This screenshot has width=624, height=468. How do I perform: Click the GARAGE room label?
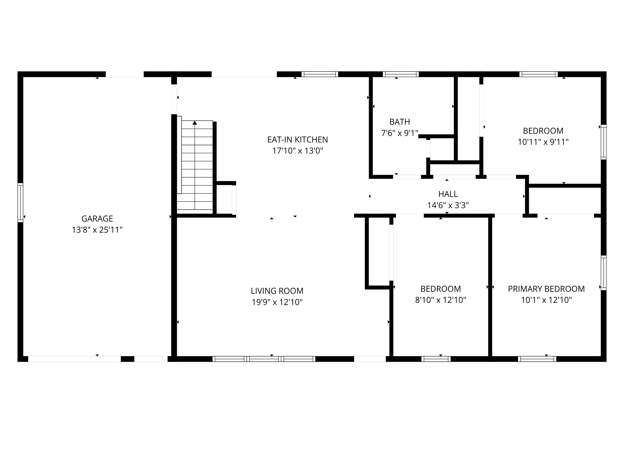coord(97,219)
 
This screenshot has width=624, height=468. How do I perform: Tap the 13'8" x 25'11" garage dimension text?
coord(97,230)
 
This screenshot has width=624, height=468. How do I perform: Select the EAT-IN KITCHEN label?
coord(298,140)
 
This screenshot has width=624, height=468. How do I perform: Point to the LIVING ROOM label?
coord(277,291)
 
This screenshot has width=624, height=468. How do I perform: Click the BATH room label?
coord(400,122)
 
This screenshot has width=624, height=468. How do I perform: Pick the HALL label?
coord(448,194)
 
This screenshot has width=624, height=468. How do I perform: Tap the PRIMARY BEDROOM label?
coord(546,289)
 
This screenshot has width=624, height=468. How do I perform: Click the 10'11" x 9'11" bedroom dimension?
coord(543,142)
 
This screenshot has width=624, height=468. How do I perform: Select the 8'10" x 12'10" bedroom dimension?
coord(440,300)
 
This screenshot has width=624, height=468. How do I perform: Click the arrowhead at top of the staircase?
coord(195,123)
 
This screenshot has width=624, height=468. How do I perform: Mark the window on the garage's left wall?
coord(20,202)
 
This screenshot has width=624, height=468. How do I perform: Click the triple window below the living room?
coord(264,359)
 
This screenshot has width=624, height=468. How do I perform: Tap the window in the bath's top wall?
coord(401,74)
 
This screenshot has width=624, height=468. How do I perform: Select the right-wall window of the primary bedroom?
coord(603,273)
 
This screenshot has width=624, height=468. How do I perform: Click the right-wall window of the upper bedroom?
coord(603,142)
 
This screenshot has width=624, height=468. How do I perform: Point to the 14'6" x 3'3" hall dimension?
coord(448,205)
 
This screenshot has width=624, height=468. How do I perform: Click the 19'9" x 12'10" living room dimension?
coord(277,302)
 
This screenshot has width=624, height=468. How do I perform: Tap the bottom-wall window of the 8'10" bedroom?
coord(436,359)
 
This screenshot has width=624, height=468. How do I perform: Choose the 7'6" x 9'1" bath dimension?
coord(400,133)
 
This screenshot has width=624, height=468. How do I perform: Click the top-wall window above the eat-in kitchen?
coord(320,74)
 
